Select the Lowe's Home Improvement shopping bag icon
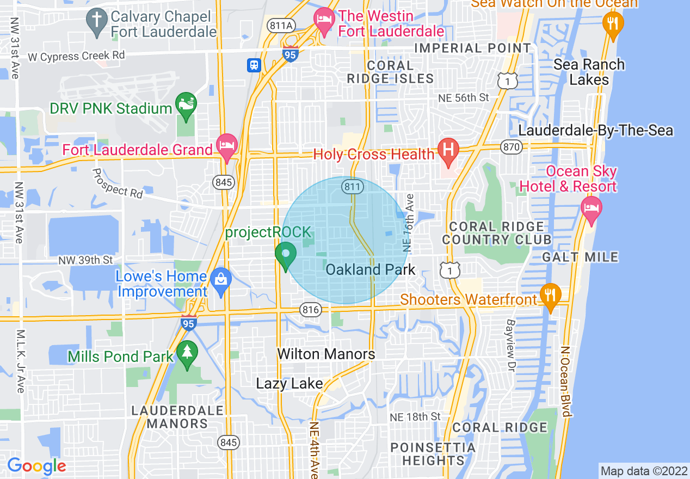(221, 280)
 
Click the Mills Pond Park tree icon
(188, 353)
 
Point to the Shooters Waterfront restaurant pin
(551, 297)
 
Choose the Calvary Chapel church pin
(96, 21)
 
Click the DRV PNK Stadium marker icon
(186, 104)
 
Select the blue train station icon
(254, 65)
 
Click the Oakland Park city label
(370, 269)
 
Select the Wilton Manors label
(326, 354)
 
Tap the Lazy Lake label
(289, 384)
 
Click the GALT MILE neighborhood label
(580, 257)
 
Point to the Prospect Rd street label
(117, 183)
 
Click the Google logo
(36, 466)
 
